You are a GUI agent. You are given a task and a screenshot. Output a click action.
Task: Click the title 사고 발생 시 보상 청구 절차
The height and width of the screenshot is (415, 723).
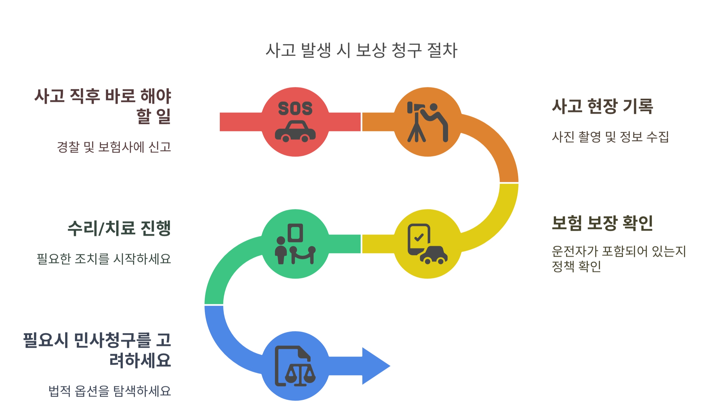361,51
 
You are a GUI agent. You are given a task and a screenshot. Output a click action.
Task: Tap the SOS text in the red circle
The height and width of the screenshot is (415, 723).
295,108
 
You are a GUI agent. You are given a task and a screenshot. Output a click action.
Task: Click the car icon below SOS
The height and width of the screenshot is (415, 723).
295,132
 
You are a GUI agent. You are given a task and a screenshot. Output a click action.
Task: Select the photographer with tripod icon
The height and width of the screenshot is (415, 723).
427,122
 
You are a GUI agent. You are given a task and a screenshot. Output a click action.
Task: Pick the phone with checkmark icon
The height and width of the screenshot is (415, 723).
419,238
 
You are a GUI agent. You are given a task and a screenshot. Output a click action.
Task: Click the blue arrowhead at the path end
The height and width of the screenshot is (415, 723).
375,366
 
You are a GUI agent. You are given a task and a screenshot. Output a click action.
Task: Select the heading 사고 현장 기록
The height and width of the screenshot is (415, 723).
602,106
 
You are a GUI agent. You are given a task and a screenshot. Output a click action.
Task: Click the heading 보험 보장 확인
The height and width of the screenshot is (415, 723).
602,223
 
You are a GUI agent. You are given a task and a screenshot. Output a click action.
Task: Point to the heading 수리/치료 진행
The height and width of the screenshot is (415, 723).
119,228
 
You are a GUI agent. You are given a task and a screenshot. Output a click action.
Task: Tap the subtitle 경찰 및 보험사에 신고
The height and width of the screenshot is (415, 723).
114,147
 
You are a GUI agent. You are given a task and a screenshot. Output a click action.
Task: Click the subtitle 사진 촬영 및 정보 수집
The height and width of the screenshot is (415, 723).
610,137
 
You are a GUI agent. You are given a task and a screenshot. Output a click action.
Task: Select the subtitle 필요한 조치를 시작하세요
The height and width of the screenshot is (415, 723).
104,259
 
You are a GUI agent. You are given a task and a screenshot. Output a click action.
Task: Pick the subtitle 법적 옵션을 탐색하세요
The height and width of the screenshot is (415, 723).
109,391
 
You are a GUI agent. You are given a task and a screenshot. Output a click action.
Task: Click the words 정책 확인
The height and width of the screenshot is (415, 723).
577,266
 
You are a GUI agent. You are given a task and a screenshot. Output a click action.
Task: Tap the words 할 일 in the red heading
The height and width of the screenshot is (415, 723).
154,116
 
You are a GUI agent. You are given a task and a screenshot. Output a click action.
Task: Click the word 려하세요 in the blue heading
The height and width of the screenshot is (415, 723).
140,360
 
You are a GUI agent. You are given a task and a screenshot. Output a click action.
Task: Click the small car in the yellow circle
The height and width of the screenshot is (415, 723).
434,255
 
